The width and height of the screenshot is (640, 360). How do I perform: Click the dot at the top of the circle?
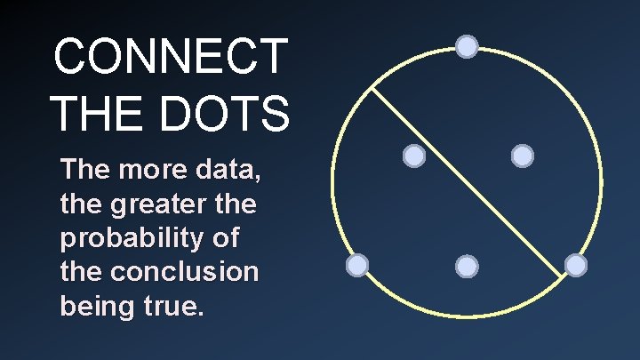click(x=467, y=46)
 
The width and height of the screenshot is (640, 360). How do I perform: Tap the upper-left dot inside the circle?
click(x=414, y=156)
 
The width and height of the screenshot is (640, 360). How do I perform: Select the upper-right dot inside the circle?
click(x=523, y=156)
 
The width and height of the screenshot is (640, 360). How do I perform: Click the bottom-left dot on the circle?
click(x=356, y=265)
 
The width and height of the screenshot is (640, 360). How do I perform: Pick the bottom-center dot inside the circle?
click(x=467, y=266)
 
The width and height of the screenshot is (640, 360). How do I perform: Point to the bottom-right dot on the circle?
click(x=576, y=265)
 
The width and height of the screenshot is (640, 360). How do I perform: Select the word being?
click(x=95, y=306)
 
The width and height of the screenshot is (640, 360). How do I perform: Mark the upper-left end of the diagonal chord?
click(x=371, y=88)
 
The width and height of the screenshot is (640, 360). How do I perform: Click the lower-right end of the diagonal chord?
click(x=563, y=282)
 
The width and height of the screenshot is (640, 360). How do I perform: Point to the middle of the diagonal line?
click(x=467, y=185)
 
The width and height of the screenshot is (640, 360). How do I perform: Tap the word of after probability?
click(x=230, y=239)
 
